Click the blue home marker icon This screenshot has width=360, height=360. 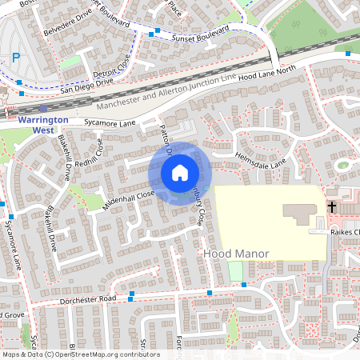(180, 172)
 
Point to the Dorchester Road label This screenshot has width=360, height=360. (88, 299)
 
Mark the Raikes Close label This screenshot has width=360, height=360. (346, 232)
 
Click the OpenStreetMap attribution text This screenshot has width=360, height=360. (80, 354)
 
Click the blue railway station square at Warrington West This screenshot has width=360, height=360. (42, 109)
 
